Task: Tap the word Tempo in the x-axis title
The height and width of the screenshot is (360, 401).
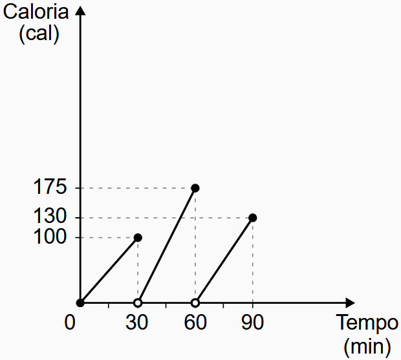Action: (363, 324)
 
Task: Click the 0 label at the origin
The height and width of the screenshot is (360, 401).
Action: (70, 323)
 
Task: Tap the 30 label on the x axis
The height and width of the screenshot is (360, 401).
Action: (137, 323)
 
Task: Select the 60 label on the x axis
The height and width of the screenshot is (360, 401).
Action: (195, 323)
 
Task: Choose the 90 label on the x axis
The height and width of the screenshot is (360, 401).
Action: (252, 323)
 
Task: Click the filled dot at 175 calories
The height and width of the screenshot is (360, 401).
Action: (195, 188)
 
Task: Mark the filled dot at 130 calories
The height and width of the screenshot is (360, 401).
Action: (252, 218)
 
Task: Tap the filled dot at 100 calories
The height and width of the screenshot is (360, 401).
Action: (138, 237)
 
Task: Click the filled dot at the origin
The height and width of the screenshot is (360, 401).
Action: (80, 302)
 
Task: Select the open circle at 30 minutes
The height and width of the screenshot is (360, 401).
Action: (138, 302)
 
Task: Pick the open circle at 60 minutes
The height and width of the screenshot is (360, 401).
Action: (195, 302)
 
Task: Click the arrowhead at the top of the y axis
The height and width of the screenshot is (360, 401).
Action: (80, 12)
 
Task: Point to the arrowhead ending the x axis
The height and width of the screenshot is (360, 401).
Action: (350, 302)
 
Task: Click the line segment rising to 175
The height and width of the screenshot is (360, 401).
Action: (167, 245)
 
